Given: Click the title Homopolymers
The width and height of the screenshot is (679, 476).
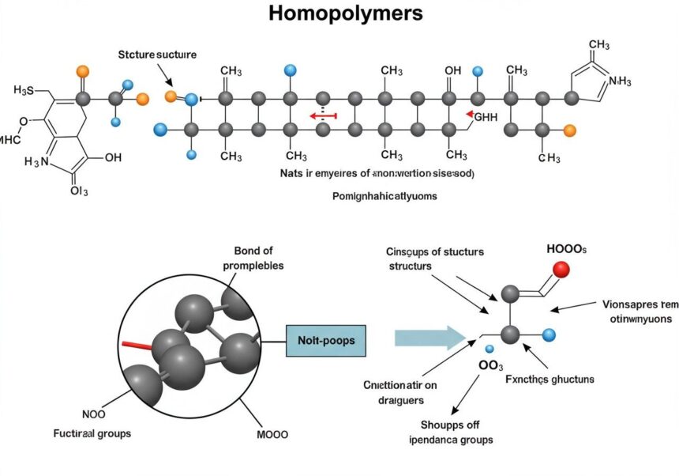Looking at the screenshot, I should point(345,13).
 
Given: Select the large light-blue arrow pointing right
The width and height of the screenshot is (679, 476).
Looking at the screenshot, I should point(427,338).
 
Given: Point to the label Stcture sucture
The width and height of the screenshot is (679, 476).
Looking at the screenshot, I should point(157,55).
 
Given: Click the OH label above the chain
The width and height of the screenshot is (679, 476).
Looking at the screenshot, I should point(452,71).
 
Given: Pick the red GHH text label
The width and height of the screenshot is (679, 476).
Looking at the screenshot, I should point(484,117).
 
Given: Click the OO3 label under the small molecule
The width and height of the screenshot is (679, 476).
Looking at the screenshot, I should point(490,365).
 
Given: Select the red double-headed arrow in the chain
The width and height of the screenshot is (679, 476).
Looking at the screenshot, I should point(323,116).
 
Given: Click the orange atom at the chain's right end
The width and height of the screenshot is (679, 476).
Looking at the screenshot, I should point(571,130).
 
